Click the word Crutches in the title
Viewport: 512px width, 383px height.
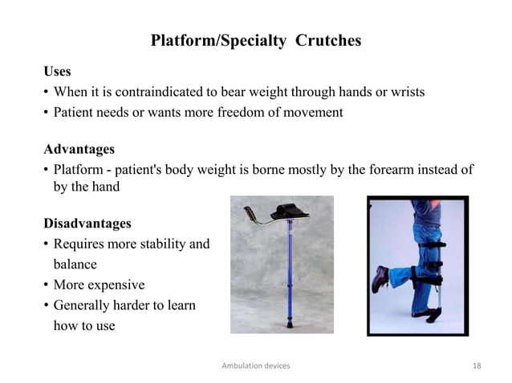click(329, 41)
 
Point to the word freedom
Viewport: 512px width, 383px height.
click(241, 112)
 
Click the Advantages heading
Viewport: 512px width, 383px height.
click(79, 150)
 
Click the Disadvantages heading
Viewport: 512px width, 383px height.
click(87, 222)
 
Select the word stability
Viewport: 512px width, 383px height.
click(157, 243)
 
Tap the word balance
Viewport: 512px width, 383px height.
click(75, 264)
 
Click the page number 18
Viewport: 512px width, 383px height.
click(477, 365)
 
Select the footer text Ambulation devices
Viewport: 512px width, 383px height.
click(255, 365)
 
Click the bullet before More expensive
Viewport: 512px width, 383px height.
click(46, 285)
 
